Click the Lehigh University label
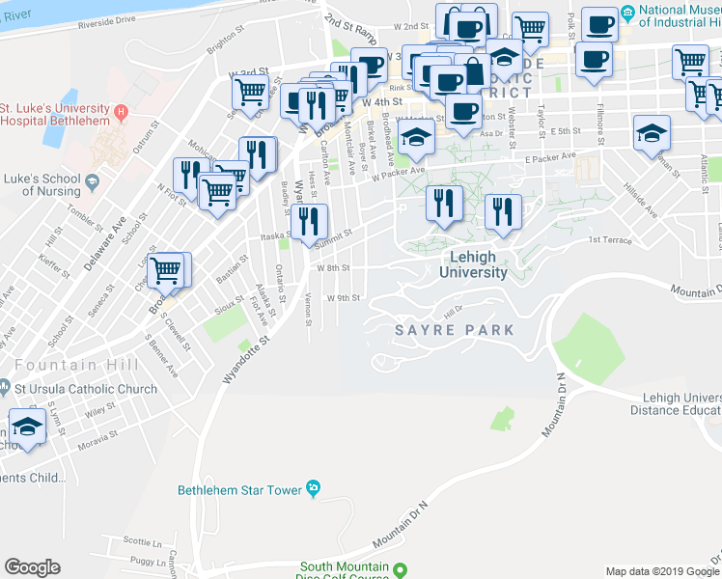473,264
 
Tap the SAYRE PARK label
454,330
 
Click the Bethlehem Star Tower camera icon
313,488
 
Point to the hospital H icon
122,112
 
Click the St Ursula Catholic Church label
85,390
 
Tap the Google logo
32,567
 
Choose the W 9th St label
343,298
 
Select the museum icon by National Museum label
627,14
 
